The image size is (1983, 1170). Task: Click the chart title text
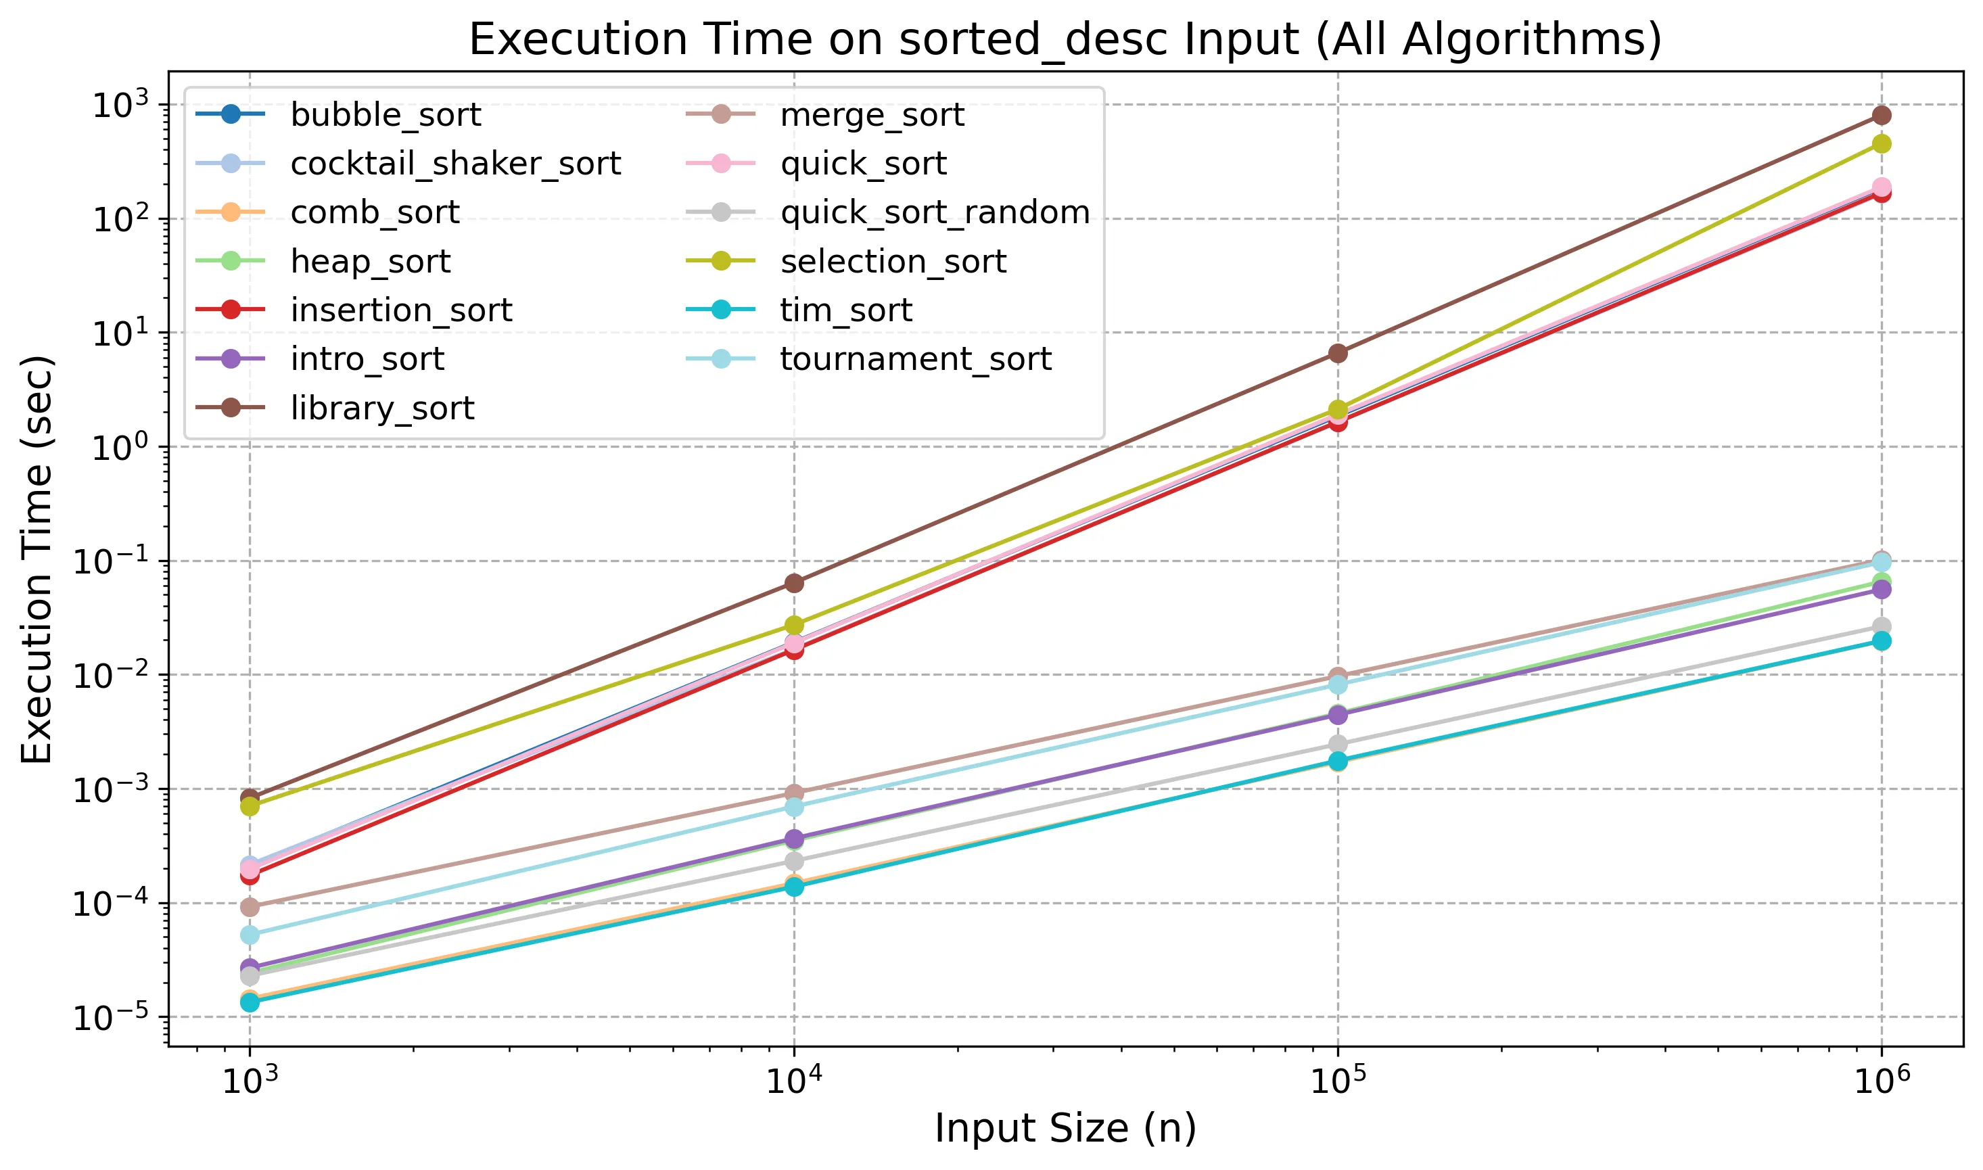pyautogui.click(x=1065, y=39)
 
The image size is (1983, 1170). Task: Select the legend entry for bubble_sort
pyautogui.click(x=386, y=115)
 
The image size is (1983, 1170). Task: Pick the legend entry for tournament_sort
pyautogui.click(x=915, y=360)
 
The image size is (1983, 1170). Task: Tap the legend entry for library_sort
pyautogui.click(x=382, y=408)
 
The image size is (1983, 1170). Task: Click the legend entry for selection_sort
pyautogui.click(x=893, y=262)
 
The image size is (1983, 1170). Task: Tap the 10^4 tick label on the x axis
pyautogui.click(x=794, y=1081)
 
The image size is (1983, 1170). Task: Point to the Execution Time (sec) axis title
pyautogui.click(x=37, y=560)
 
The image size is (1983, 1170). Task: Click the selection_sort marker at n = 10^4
pyautogui.click(x=794, y=625)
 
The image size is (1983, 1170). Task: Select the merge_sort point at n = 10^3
pyautogui.click(x=250, y=908)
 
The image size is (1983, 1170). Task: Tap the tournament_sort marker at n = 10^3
pyautogui.click(x=250, y=935)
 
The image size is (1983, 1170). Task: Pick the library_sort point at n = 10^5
pyautogui.click(x=1338, y=353)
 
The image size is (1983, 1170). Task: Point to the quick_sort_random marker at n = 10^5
pyautogui.click(x=1338, y=744)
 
